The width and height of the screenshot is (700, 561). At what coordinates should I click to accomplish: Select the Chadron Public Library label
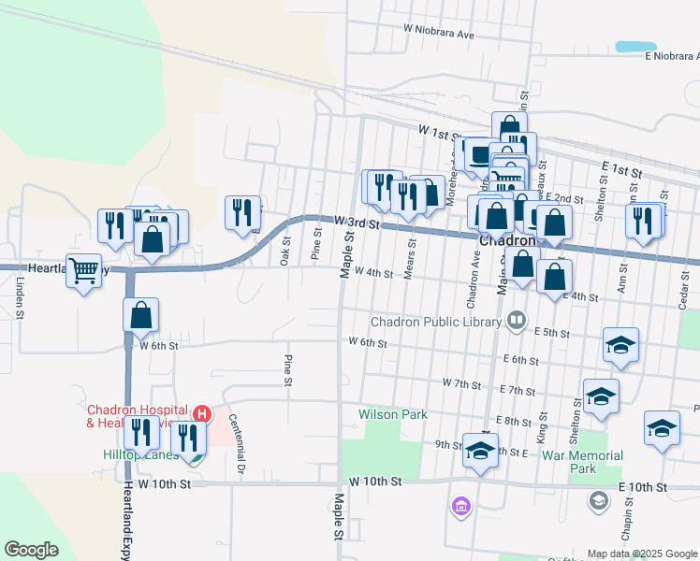pos(436,322)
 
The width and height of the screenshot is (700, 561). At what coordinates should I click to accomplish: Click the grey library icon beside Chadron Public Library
pos(516,322)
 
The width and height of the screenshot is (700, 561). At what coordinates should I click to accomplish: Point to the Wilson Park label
pos(392,413)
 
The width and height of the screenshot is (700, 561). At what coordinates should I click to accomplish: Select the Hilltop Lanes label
pos(139,454)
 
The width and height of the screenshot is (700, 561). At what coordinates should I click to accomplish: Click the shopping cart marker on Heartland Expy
pos(84,271)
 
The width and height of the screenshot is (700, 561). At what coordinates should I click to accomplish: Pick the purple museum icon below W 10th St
pos(460,508)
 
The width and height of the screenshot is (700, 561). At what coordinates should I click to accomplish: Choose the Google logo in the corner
pos(31,550)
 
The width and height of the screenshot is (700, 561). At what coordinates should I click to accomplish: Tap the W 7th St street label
pos(461,384)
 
